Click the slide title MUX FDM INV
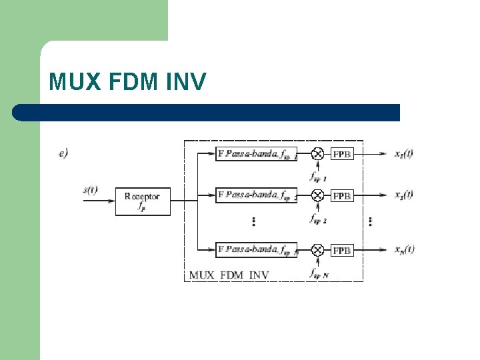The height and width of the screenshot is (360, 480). [x=128, y=82]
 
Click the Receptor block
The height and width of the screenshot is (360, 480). [x=143, y=201]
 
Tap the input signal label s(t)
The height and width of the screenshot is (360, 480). [x=91, y=189]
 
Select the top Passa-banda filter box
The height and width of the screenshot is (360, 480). [x=256, y=154]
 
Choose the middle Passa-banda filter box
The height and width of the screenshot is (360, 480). [x=256, y=195]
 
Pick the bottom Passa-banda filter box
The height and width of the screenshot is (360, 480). [x=256, y=250]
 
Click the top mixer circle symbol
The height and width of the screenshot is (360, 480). [x=318, y=154]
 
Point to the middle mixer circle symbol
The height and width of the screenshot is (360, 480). [x=318, y=195]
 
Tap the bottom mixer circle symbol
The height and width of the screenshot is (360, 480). [x=318, y=250]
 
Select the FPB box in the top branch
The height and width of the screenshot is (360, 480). [x=342, y=154]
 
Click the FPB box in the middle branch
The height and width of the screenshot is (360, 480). [x=342, y=196]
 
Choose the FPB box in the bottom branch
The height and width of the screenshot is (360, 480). [x=342, y=251]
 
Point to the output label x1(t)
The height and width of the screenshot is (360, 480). [x=403, y=153]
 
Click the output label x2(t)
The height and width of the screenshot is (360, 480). [x=403, y=195]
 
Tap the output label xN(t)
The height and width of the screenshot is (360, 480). [x=404, y=249]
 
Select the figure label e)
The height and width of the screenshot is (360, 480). [x=63, y=153]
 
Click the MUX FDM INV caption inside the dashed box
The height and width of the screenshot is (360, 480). [x=229, y=275]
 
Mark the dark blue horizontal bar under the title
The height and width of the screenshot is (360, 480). [x=207, y=112]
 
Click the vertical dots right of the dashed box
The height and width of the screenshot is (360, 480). [x=370, y=221]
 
